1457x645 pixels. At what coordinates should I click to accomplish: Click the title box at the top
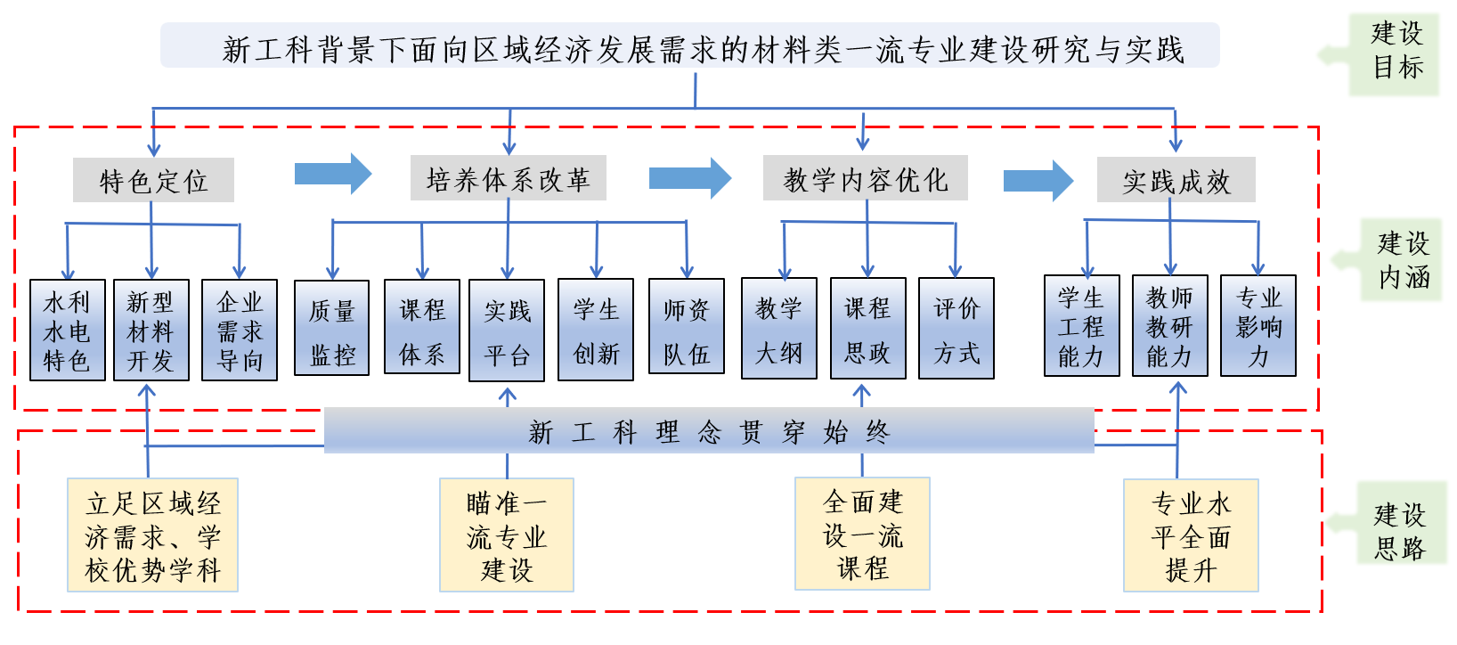[689, 47]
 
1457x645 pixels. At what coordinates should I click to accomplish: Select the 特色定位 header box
[153, 181]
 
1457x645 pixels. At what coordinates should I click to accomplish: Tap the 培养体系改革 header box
[508, 179]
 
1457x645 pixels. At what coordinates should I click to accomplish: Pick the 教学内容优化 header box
[865, 179]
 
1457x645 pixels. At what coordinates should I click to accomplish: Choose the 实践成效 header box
[1176, 181]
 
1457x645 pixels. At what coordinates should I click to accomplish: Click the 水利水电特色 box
[68, 331]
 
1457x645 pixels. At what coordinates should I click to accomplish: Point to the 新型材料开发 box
[151, 331]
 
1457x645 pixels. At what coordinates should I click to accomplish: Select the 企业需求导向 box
[240, 331]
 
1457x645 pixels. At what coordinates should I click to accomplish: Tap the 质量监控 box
[331, 329]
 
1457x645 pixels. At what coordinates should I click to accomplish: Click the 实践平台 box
[507, 331]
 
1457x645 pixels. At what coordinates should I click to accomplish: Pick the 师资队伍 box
[686, 328]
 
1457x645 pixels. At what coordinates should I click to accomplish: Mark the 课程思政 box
[867, 329]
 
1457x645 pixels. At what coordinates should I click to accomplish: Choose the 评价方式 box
[956, 329]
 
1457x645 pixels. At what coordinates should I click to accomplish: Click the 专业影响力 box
[1258, 326]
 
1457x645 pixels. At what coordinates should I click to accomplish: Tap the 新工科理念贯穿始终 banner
[708, 431]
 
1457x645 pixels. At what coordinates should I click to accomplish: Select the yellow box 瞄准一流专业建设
[506, 535]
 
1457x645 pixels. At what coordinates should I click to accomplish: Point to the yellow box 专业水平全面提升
[1191, 535]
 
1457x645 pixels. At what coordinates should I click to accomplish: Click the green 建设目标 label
[1396, 53]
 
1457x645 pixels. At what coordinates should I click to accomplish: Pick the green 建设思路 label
[1400, 531]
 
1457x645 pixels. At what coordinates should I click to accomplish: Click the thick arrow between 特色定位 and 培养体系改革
[332, 174]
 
